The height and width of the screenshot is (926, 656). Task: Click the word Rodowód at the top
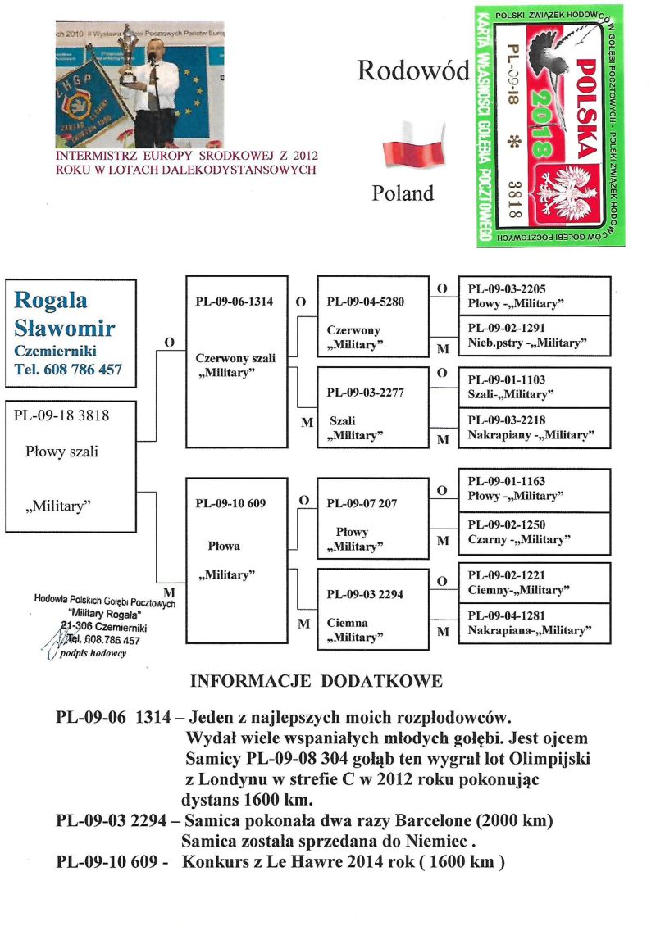(412, 71)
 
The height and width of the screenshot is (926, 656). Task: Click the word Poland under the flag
(402, 193)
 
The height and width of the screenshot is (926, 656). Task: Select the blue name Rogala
(51, 301)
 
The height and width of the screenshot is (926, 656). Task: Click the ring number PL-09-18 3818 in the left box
(61, 415)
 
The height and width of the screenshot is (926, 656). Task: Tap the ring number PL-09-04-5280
(365, 301)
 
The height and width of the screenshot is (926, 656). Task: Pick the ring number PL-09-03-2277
(365, 392)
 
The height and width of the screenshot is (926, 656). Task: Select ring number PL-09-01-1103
(506, 380)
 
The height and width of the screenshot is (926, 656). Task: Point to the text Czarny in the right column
(486, 539)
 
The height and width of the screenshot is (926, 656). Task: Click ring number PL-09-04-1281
(506, 615)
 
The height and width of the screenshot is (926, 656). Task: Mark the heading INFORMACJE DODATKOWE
(317, 681)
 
